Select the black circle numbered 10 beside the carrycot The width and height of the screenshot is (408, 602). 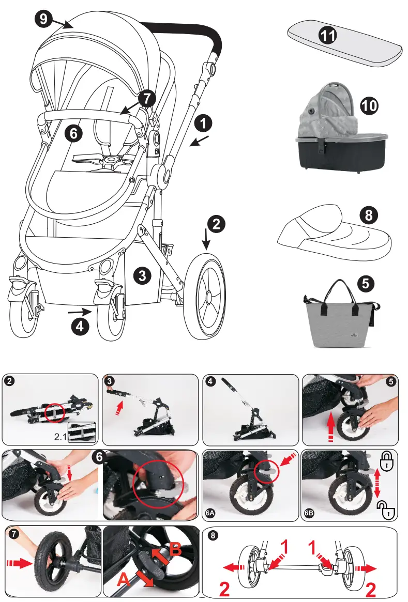pos(369,106)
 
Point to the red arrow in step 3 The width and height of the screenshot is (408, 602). pos(120,406)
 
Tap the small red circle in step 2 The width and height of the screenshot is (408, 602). pos(54,412)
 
